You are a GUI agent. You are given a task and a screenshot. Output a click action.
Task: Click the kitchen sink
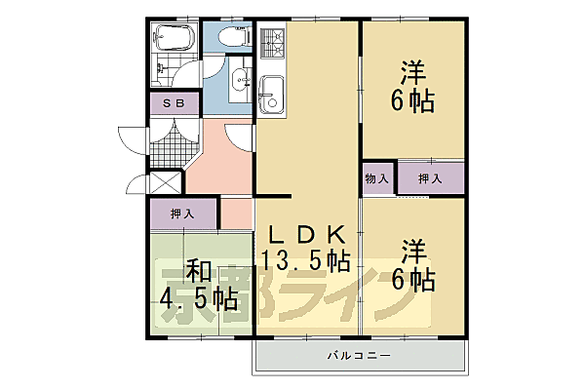270,93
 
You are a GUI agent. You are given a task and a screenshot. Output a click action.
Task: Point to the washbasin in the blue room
238,88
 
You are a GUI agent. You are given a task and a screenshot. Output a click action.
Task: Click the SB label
174,102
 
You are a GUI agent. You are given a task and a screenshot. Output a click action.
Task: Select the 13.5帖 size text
305,260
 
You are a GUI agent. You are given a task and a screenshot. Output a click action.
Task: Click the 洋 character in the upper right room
412,71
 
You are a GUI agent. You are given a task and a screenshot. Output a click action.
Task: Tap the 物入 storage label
377,179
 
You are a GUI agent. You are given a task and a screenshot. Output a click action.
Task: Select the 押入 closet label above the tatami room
183,213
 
